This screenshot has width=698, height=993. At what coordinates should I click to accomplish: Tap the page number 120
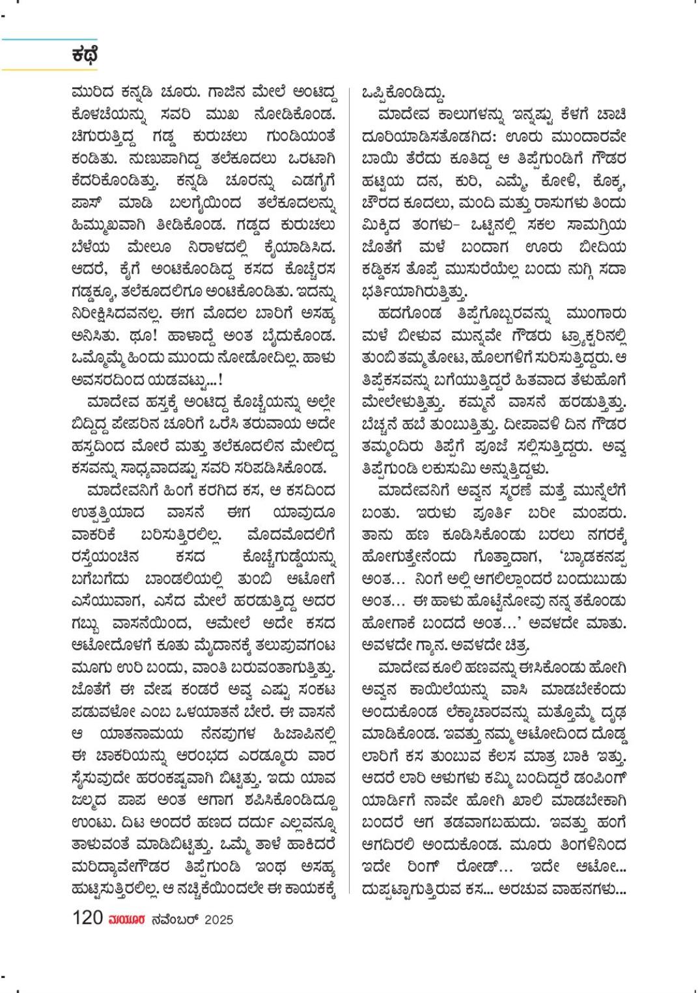pos(88,918)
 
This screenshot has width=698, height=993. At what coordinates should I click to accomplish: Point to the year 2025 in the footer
pos(219,919)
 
